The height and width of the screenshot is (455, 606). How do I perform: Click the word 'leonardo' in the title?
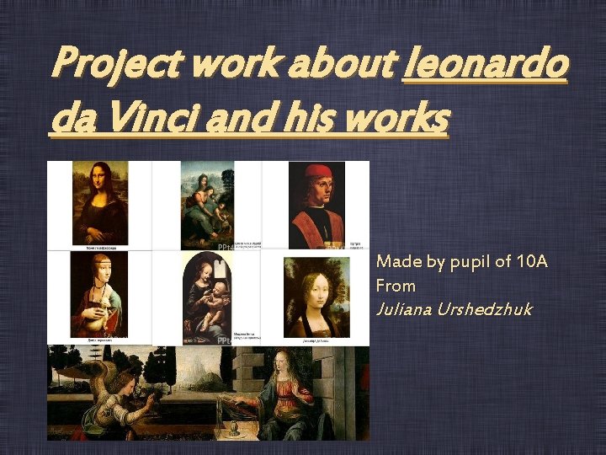click(486, 66)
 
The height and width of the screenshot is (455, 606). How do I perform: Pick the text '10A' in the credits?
click(531, 262)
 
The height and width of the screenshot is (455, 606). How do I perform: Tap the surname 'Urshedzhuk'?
click(487, 309)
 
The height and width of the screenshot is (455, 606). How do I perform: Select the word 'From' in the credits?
click(396, 286)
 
